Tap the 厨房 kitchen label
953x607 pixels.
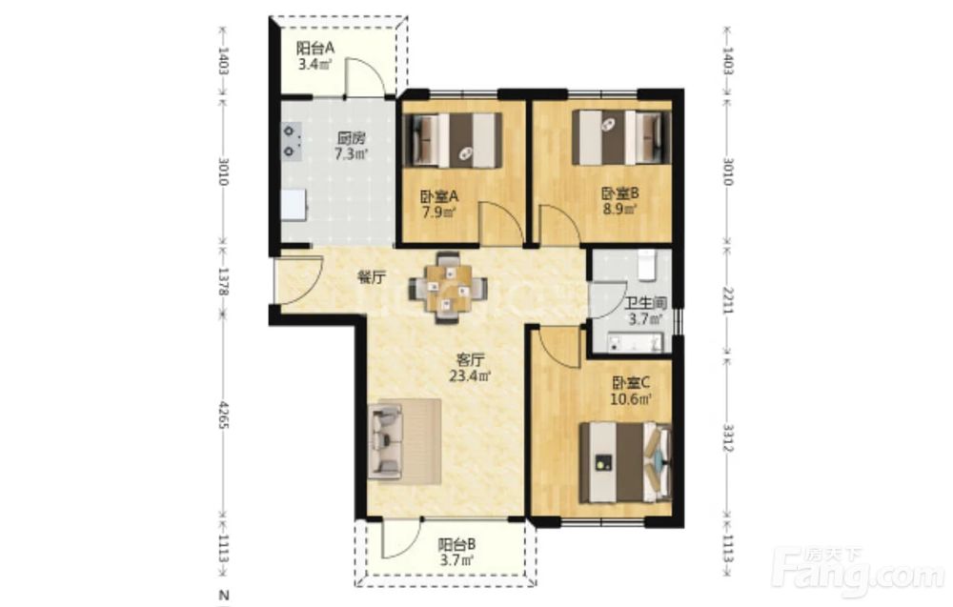pyautogui.click(x=352, y=138)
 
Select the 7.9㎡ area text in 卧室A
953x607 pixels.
pyautogui.click(x=439, y=212)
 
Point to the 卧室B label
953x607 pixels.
pyautogui.click(x=620, y=193)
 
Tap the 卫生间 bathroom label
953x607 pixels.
pyautogui.click(x=646, y=303)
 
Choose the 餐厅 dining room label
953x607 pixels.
pyautogui.click(x=372, y=277)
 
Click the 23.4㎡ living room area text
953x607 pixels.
pyautogui.click(x=470, y=376)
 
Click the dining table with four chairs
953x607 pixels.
pyautogui.click(x=448, y=287)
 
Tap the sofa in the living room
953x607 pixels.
pyautogui.click(x=404, y=442)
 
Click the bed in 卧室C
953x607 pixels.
pyautogui.click(x=626, y=463)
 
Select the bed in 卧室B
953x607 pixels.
pyautogui.click(x=621, y=137)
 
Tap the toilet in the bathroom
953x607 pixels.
pyautogui.click(x=647, y=265)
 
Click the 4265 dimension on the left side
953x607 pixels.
pyautogui.click(x=223, y=415)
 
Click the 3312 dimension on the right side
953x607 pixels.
pyautogui.click(x=729, y=436)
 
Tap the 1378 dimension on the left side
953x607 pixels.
pyautogui.click(x=223, y=281)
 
